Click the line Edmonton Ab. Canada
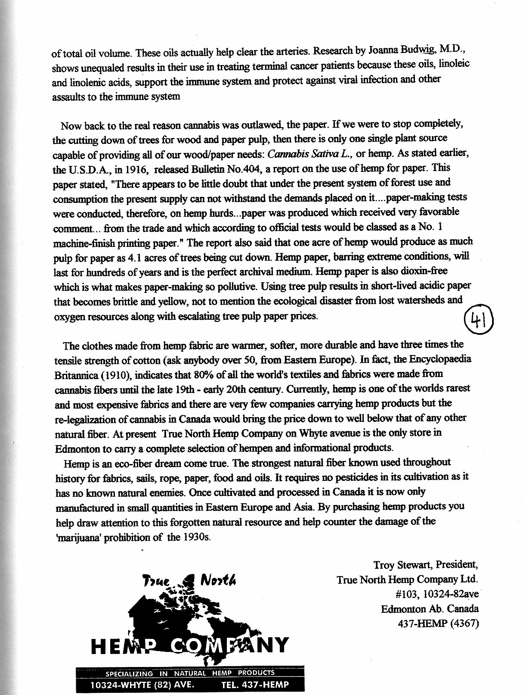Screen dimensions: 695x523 point(430,609)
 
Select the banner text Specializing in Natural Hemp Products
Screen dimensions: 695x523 point(190,673)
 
